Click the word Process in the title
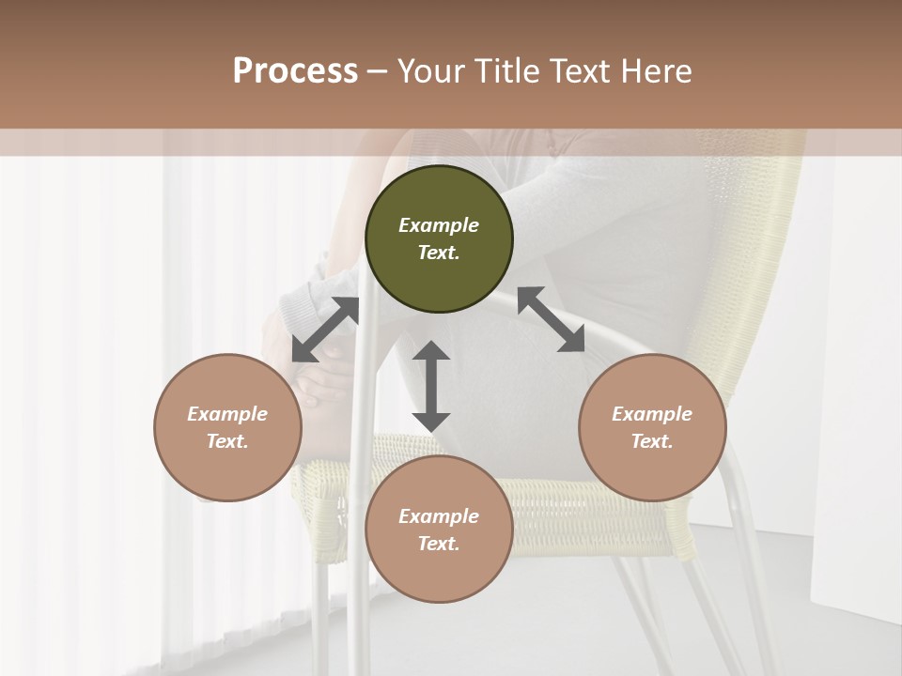[295, 71]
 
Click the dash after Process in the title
[377, 73]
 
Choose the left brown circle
[227, 427]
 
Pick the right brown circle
[652, 427]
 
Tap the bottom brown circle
[439, 529]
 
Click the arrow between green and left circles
[325, 330]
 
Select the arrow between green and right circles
[551, 319]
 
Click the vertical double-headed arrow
[431, 386]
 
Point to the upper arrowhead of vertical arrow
[431, 352]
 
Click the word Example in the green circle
[439, 225]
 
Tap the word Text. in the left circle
[227, 441]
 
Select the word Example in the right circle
[652, 414]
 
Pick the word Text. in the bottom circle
[439, 544]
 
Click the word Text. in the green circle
[439, 253]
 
